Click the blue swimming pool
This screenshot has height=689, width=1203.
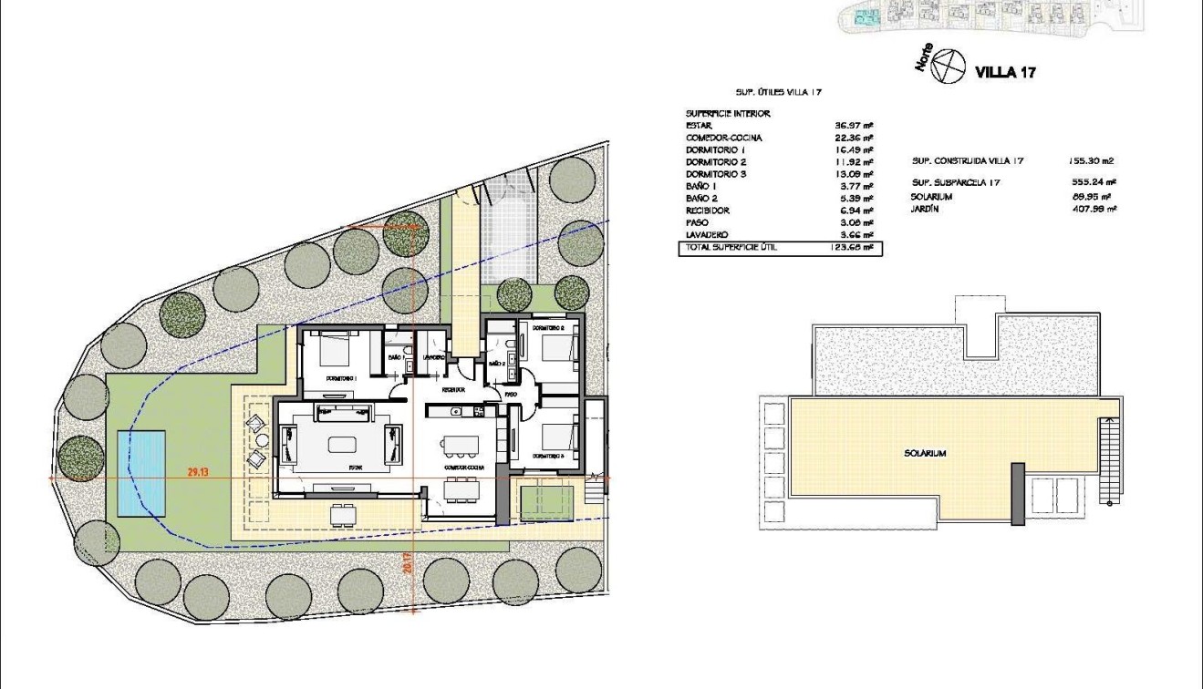(142, 471)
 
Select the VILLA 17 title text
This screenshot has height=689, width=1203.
(1005, 72)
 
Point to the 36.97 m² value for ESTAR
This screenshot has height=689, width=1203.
(855, 125)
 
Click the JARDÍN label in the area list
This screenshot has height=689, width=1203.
(924, 210)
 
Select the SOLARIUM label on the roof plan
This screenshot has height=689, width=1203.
(924, 453)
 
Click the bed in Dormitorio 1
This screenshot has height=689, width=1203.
(333, 350)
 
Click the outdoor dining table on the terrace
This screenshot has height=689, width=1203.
(342, 515)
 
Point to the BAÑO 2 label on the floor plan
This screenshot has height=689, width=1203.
(497, 364)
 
